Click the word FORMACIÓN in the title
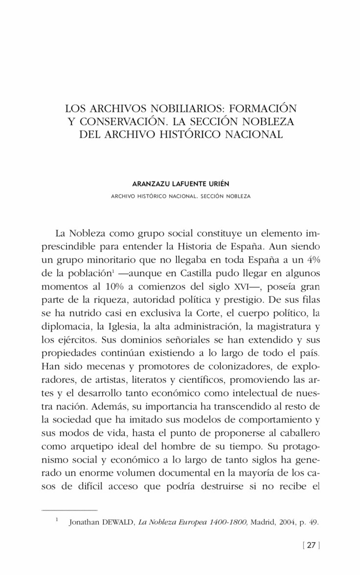264,107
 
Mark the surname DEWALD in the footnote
117,522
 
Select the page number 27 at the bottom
311,547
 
